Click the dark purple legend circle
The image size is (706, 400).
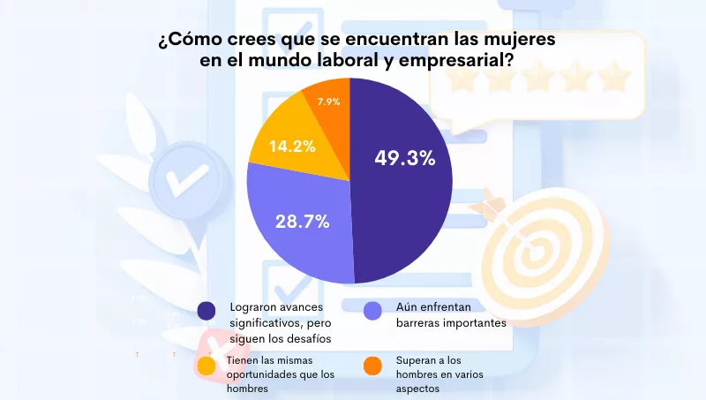(x=207, y=310)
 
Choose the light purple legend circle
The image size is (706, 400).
(x=372, y=310)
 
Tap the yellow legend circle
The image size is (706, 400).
(x=207, y=365)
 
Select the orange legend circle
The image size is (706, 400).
(x=372, y=365)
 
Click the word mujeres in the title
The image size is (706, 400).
(x=509, y=40)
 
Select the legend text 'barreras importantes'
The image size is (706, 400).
(x=441, y=323)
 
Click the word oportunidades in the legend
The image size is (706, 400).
(x=267, y=374)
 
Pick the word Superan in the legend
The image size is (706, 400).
(x=410, y=360)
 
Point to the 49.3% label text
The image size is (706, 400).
(x=405, y=159)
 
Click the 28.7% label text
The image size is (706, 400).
(x=301, y=222)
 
